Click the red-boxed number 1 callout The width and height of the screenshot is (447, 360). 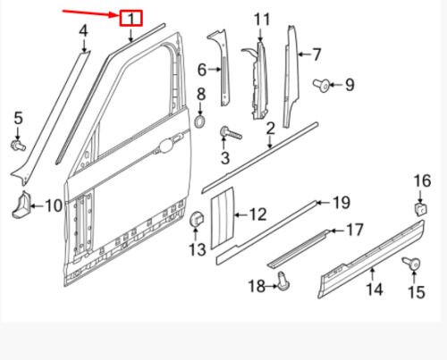[131, 19]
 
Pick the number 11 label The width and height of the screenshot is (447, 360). [260, 20]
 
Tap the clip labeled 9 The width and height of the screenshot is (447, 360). [320, 85]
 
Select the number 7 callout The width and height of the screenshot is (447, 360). [316, 54]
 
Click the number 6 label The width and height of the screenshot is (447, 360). [202, 70]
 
